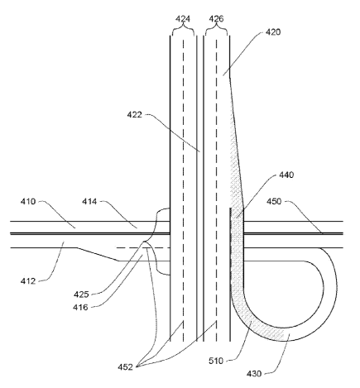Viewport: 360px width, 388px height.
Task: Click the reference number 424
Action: click(x=183, y=19)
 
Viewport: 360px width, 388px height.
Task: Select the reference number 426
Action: click(x=216, y=19)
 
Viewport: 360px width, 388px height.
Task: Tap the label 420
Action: click(x=273, y=32)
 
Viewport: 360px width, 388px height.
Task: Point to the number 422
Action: click(x=134, y=114)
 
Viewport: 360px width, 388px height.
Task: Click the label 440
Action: click(x=286, y=175)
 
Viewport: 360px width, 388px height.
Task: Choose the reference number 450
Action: click(x=274, y=201)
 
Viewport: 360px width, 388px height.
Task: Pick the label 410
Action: click(x=28, y=201)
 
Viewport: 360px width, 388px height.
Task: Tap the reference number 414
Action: click(x=89, y=201)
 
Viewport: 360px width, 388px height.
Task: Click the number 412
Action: click(x=28, y=281)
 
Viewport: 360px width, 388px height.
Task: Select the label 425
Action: click(x=81, y=295)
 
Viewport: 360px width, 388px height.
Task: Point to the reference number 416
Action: click(x=80, y=307)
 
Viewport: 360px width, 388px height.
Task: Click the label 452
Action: click(x=125, y=366)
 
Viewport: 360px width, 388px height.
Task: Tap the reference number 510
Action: click(x=216, y=361)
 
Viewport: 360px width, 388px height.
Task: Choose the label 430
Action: click(x=254, y=374)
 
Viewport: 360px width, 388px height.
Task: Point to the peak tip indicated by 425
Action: click(x=144, y=242)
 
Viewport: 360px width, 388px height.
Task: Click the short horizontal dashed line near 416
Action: click(x=143, y=248)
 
